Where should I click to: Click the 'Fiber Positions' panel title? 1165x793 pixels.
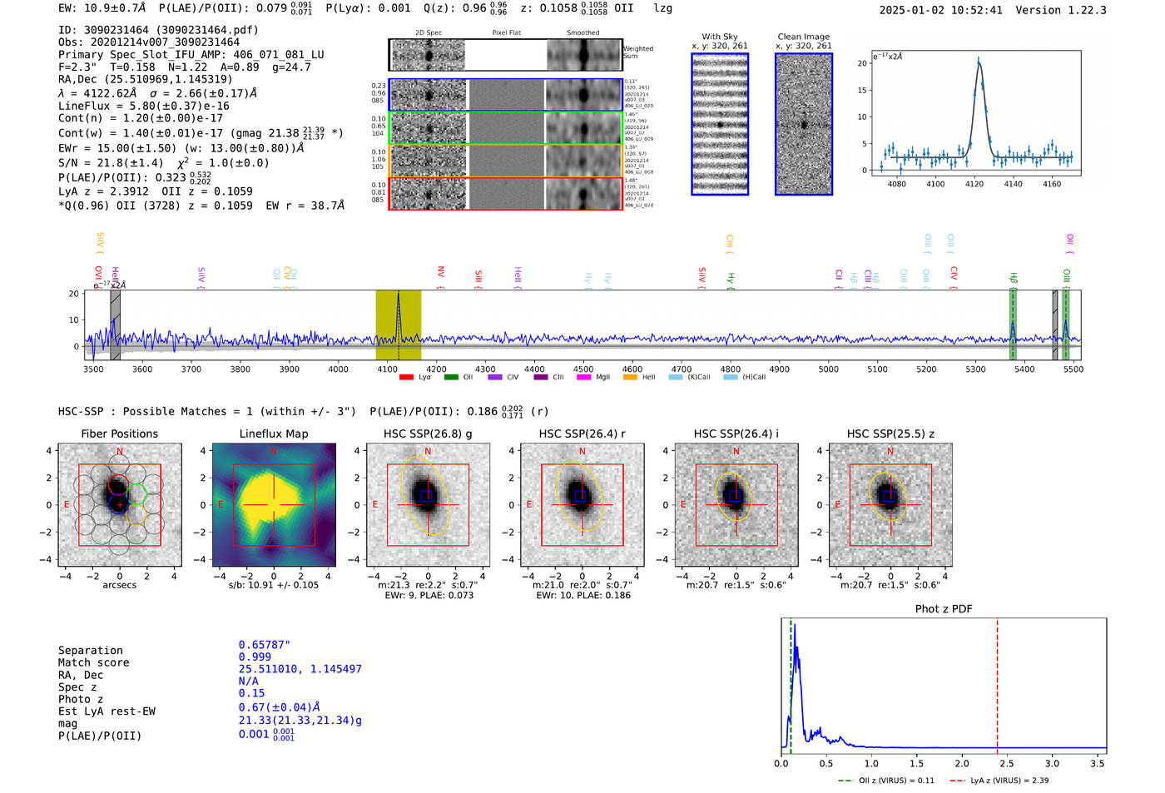pos(119,434)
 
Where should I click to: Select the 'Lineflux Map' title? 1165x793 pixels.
pos(274,434)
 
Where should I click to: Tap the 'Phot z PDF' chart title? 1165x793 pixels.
pos(944,609)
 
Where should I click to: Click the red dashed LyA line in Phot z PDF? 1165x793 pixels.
pos(997,682)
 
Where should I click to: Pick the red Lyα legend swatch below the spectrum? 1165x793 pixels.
pos(406,378)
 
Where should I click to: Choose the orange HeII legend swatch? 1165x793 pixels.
pos(630,378)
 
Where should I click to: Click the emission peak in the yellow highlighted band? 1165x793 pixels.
pos(399,295)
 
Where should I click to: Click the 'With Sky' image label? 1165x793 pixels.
pos(720,37)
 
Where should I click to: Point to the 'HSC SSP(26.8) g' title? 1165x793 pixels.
pos(428,434)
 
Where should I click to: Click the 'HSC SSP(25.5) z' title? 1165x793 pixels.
pos(890,434)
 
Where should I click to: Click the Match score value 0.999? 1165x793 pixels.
pos(255,657)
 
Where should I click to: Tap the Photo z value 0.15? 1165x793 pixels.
pos(251,693)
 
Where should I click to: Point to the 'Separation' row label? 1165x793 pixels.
pos(90,651)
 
